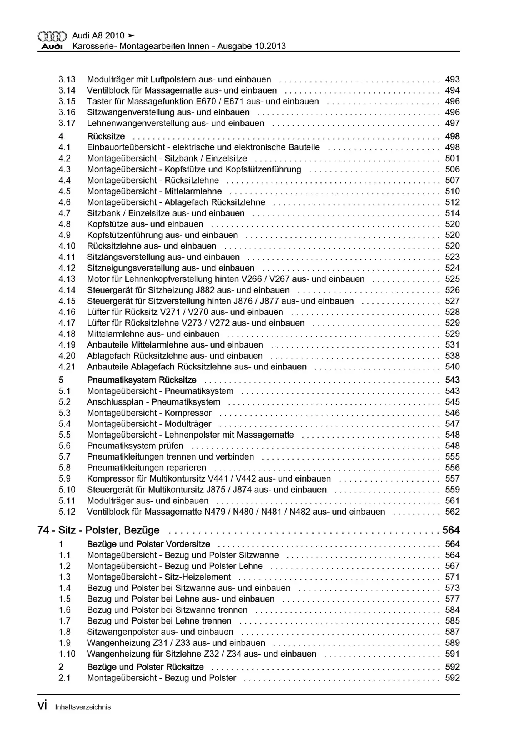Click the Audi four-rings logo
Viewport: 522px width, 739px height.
(x=52, y=37)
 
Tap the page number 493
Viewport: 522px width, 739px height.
(x=452, y=79)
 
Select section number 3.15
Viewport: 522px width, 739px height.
(x=67, y=101)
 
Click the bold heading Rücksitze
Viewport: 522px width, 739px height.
(x=106, y=136)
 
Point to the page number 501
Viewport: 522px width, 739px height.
(x=452, y=158)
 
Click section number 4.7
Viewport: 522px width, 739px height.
(x=65, y=213)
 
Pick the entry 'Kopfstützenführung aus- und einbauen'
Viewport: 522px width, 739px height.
(x=162, y=235)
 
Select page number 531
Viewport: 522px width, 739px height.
(x=452, y=345)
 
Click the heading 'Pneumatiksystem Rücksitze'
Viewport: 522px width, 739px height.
(x=142, y=380)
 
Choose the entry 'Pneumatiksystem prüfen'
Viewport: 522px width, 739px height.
(x=135, y=446)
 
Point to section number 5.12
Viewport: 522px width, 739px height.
(x=67, y=512)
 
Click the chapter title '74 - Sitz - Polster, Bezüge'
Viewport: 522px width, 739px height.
(x=98, y=530)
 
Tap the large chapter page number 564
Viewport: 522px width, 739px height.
(x=451, y=530)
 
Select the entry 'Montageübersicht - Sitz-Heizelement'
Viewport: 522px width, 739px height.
(x=159, y=577)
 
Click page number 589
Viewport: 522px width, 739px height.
(x=452, y=643)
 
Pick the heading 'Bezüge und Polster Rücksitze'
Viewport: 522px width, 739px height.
(x=145, y=667)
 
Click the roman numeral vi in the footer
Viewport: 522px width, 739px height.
(x=42, y=706)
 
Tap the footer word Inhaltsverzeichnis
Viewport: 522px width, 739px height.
(x=83, y=707)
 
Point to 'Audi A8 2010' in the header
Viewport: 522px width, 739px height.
(x=98, y=35)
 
